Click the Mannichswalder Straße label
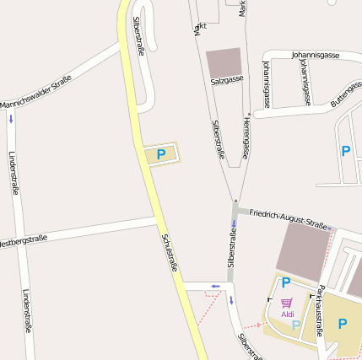tap(35, 92)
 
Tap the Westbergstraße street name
tap(22, 241)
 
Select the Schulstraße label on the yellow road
tap(168, 252)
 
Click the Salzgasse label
tap(227, 79)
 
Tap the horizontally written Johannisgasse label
tap(315, 56)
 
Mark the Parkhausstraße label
tap(320, 311)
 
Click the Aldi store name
tap(288, 314)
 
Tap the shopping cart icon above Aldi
tap(287, 303)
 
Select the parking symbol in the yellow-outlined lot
tap(160, 155)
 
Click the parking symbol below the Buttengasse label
tap(345, 151)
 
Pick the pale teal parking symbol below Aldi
tap(296, 325)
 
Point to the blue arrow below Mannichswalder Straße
tap(10, 119)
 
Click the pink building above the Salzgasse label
tap(224, 61)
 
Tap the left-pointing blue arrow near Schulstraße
tap(214, 286)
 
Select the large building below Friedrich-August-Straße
tap(301, 250)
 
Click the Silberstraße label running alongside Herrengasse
tap(219, 138)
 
